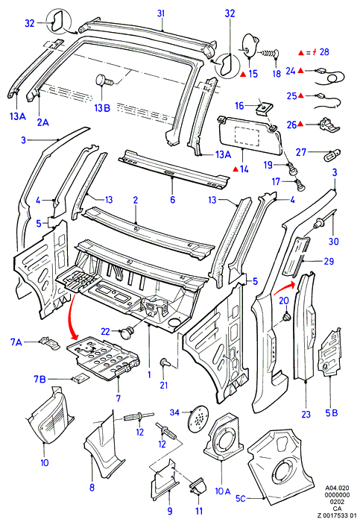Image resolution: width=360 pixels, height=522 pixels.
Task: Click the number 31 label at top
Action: (162, 13)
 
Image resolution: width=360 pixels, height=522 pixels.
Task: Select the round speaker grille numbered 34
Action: (198, 419)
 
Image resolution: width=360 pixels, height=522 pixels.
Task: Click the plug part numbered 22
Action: (127, 333)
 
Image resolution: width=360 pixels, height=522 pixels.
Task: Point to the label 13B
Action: (102, 108)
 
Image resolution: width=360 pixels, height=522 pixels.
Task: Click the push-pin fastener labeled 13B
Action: (104, 81)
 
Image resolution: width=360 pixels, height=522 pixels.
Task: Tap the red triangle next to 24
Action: (300, 71)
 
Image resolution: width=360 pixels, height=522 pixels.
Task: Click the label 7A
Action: (16, 342)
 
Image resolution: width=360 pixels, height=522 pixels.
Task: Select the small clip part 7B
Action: (80, 378)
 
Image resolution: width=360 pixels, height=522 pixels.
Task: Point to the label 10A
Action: (223, 491)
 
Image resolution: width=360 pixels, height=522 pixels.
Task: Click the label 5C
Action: (240, 498)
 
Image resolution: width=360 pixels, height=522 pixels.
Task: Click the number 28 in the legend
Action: (324, 52)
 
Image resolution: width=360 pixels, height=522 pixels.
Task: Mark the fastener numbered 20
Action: (285, 317)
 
